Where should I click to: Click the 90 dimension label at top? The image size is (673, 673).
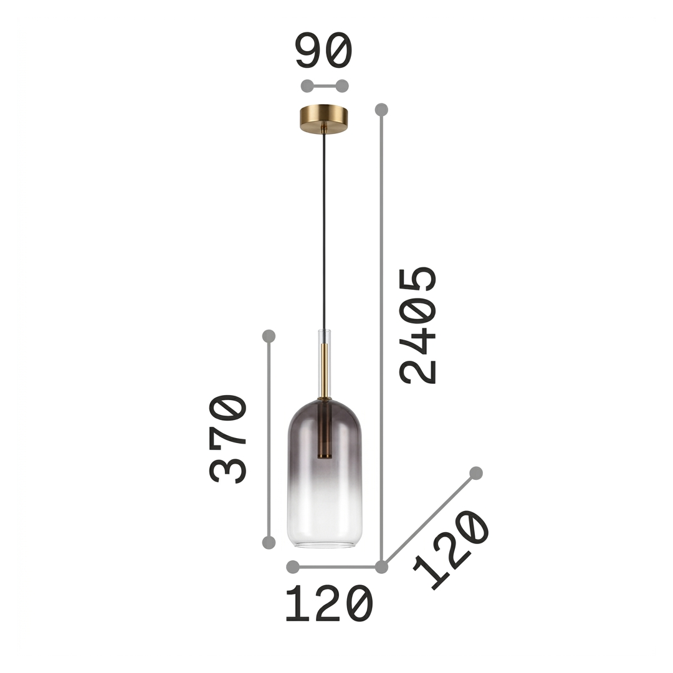pyautogui.click(x=324, y=50)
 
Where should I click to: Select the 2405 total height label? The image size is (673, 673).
pyautogui.click(x=418, y=325)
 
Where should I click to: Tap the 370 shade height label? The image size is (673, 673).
pyautogui.click(x=228, y=439)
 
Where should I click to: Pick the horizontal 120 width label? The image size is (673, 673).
pyautogui.click(x=329, y=603)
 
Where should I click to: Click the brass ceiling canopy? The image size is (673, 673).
pyautogui.click(x=324, y=119)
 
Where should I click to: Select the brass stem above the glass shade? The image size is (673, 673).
pyautogui.click(x=325, y=371)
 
